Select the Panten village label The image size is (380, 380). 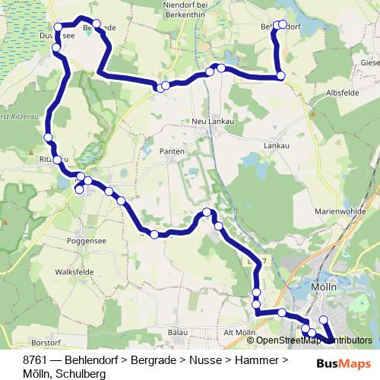[x=173, y=152]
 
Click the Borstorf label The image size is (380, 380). [x=43, y=343]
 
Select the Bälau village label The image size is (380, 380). [x=176, y=333]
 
